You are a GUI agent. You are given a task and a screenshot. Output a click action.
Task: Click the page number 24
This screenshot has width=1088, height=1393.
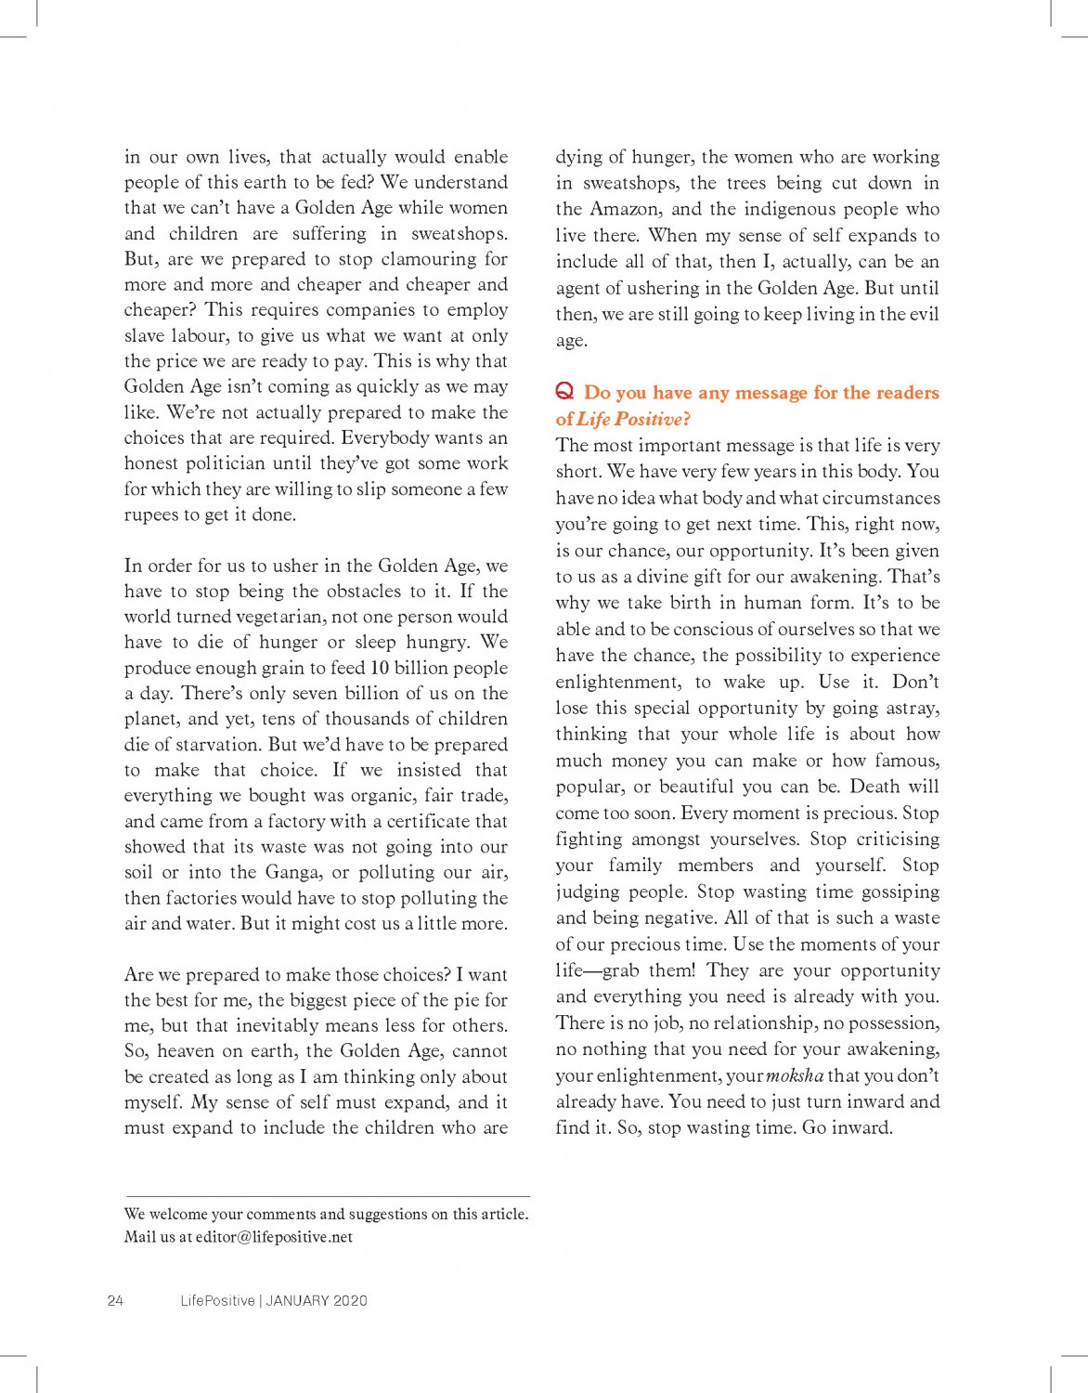coord(115,1300)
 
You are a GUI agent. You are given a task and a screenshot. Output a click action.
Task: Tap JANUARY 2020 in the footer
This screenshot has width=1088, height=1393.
coord(317,1300)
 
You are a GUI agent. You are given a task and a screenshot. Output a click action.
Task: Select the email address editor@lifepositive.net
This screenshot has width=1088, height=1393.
coord(274,1237)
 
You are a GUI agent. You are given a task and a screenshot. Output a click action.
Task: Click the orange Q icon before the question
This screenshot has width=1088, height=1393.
coord(564,391)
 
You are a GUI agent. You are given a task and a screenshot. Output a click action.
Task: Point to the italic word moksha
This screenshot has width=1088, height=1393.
coord(795,1075)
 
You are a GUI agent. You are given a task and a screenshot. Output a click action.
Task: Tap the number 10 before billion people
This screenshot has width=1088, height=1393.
coord(380,668)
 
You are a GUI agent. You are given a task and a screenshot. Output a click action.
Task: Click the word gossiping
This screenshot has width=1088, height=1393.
coord(900,892)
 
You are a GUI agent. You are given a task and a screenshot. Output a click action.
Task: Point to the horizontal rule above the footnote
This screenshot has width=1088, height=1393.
coord(328,1196)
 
